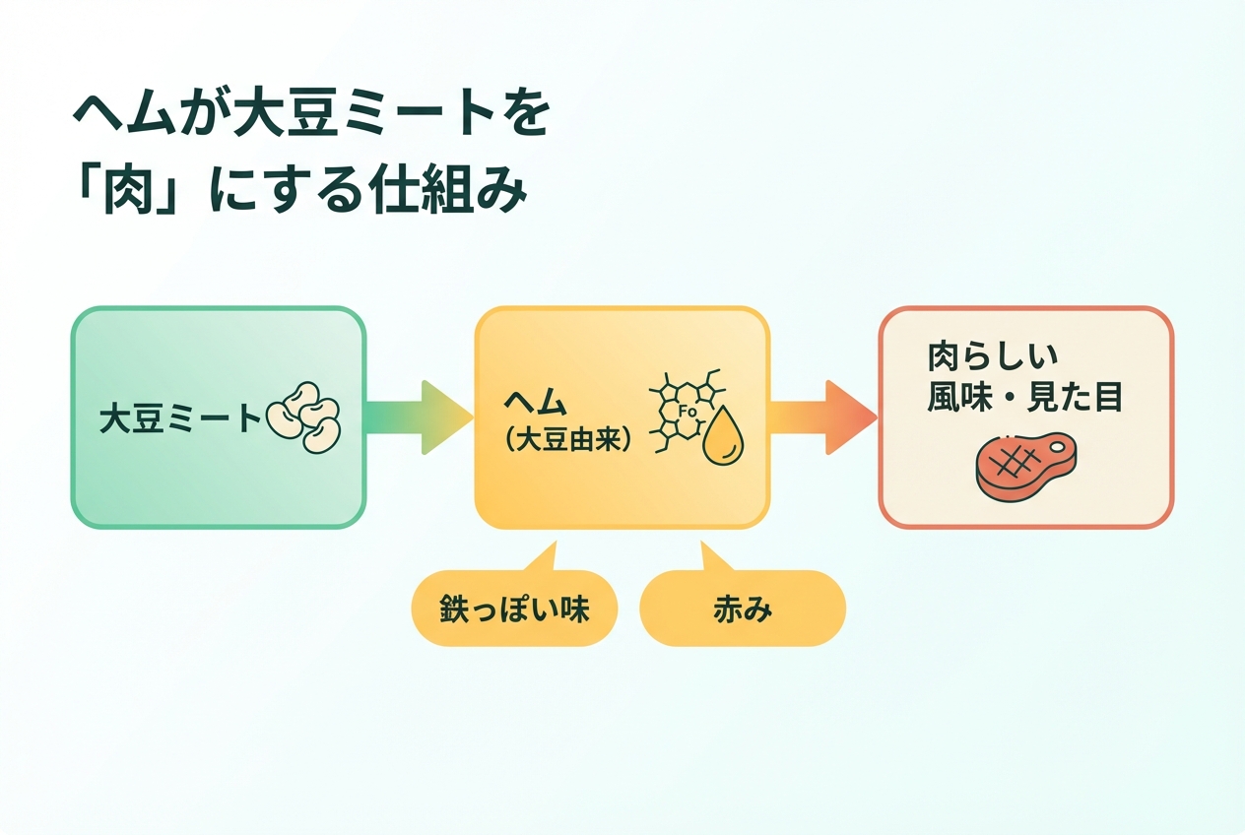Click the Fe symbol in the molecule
coord(688,411)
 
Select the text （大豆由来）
coord(567,440)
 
